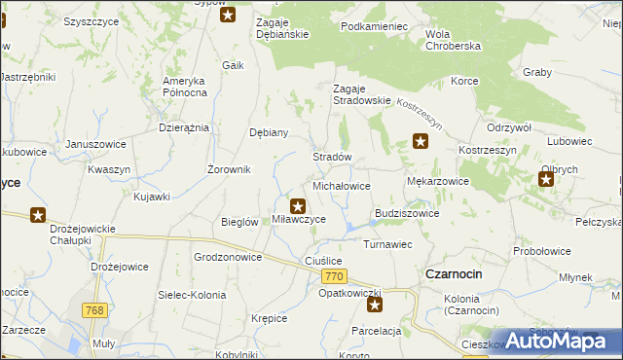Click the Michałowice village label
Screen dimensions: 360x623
(341, 185)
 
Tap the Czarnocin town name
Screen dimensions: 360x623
(454, 274)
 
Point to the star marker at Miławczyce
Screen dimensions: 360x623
(299, 205)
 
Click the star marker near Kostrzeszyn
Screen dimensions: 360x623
(421, 142)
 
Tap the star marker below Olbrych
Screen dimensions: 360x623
(547, 178)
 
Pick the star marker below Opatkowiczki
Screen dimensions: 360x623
(375, 306)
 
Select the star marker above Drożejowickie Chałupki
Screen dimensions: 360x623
(38, 215)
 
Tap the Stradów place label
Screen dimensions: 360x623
(331, 157)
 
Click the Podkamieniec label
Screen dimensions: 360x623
(374, 26)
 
